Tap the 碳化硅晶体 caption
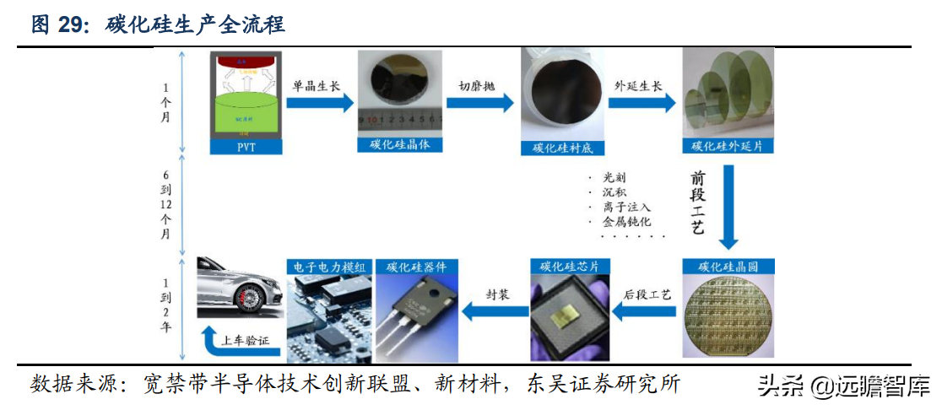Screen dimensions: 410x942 click(400, 145)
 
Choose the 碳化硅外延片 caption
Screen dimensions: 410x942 click(727, 145)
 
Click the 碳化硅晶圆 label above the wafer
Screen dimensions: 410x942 click(727, 267)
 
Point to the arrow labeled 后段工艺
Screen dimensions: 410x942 click(646, 313)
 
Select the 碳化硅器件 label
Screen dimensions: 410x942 click(416, 267)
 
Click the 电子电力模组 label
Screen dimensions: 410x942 click(329, 267)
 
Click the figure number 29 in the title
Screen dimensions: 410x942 click(73, 25)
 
